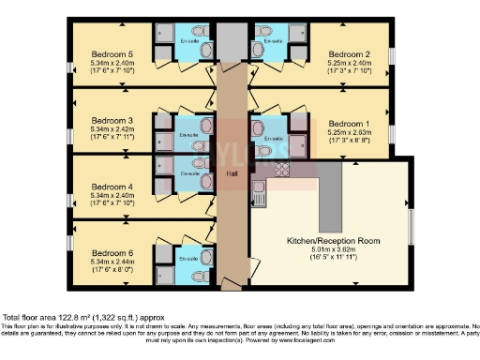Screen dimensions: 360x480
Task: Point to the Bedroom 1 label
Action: pos(346,124)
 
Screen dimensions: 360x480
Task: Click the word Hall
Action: pos(232,174)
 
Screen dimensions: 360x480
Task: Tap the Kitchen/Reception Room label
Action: pos(333,241)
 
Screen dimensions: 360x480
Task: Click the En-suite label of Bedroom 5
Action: pos(190,41)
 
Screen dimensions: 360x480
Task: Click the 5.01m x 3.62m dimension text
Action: pos(333,250)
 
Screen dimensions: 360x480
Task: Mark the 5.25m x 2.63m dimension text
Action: pos(346,132)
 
